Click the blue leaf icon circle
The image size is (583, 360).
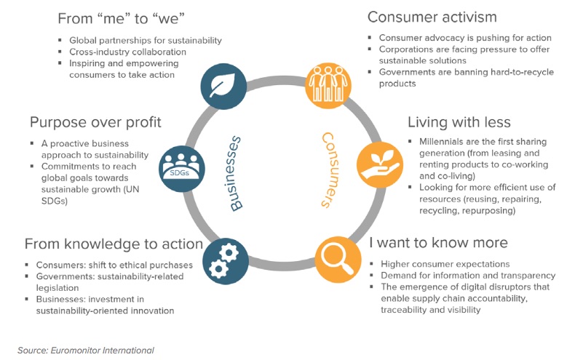223,87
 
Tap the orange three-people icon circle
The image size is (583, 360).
328,85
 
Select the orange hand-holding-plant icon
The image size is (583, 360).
380,164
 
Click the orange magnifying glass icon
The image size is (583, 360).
338,260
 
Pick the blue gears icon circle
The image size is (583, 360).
226,261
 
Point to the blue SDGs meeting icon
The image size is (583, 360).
182,169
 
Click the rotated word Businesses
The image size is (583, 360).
234,174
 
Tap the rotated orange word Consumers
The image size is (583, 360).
330,169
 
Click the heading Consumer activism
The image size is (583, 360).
432,17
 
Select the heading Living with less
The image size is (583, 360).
459,122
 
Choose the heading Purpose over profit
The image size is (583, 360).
95,122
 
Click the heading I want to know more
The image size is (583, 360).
438,243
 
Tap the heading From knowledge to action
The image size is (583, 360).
114,244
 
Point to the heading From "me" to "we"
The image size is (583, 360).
122,18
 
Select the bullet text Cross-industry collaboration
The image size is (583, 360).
127,52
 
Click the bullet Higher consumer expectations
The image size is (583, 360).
445,264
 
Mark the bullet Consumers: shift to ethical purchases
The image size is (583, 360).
114,265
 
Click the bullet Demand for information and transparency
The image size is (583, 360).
468,276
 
